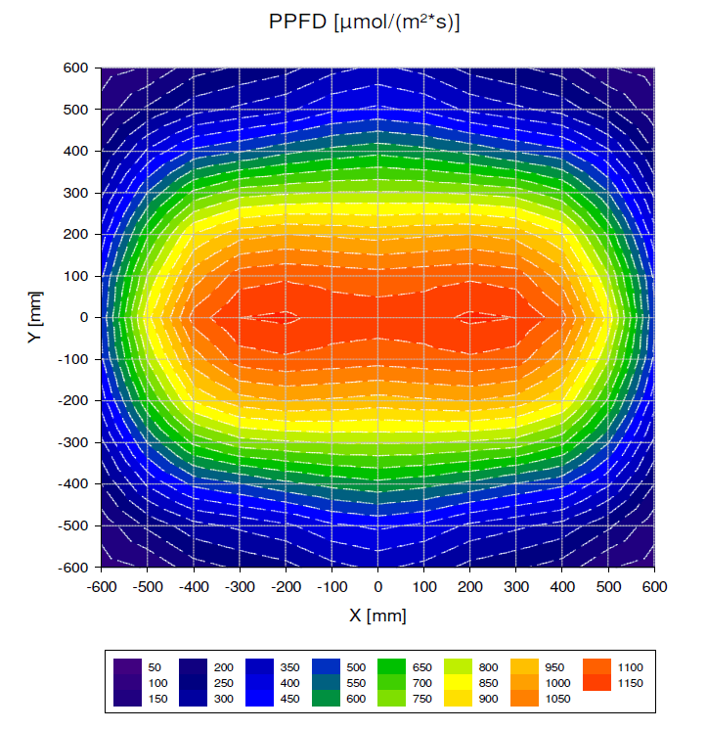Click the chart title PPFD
tap(364, 21)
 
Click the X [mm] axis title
tap(377, 616)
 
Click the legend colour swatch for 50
tap(128, 666)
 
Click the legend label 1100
tap(630, 666)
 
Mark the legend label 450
tap(289, 698)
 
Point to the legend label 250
tap(222, 682)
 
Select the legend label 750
tap(422, 698)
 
